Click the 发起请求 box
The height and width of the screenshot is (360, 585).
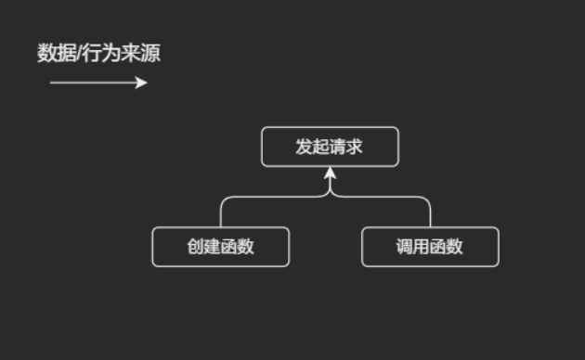point(330,147)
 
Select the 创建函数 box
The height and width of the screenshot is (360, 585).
point(221,247)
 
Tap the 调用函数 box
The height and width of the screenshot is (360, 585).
point(430,247)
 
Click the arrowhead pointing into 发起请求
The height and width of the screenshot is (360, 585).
point(330,174)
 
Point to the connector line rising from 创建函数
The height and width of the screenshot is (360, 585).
point(221,213)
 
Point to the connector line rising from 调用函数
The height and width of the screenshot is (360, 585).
point(430,213)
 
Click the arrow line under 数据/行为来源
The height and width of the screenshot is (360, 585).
point(93,83)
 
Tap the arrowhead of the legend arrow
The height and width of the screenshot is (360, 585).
point(142,83)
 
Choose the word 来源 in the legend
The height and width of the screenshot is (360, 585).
point(140,54)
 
